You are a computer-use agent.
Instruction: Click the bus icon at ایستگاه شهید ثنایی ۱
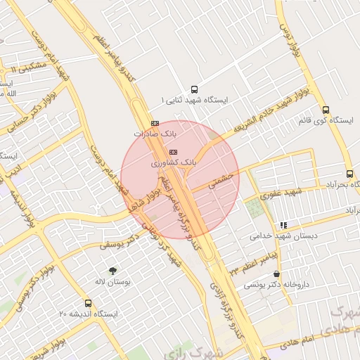point(194,89)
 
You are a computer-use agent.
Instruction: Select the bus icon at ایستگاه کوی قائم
point(325,110)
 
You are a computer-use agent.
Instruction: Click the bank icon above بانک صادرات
point(155,123)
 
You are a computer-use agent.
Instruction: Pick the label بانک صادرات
point(153,133)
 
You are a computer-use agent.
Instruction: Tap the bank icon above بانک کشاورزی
point(173,152)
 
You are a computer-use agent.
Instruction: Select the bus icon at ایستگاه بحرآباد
point(349,174)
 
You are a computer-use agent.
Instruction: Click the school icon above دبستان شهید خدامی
point(283,225)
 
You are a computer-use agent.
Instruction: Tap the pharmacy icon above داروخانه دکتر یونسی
point(276,274)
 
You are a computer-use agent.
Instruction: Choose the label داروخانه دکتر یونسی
point(276,285)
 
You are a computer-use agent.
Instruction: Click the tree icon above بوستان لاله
point(112,270)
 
